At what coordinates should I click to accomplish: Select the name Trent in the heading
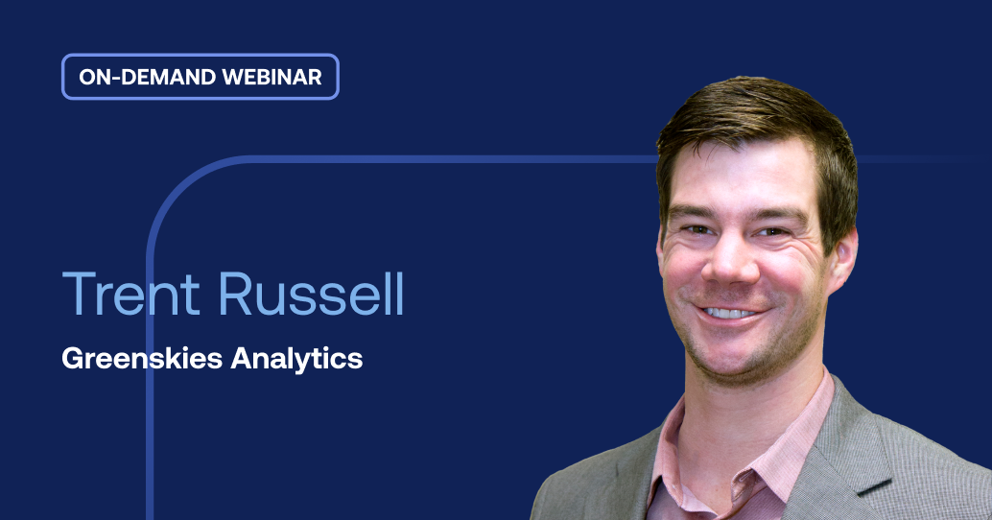(x=135, y=295)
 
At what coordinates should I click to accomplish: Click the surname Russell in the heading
(x=312, y=295)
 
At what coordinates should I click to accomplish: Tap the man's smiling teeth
(x=731, y=313)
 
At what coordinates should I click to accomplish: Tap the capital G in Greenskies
(x=71, y=359)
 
